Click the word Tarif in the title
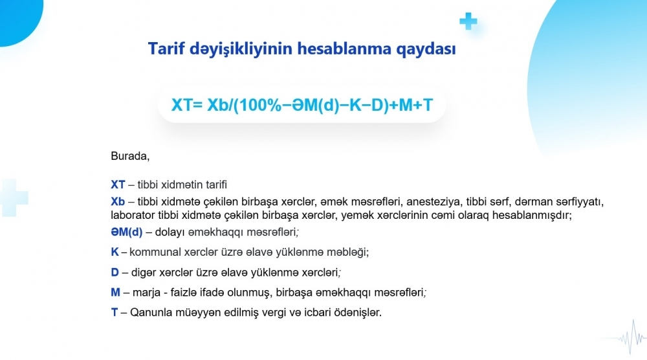pyautogui.click(x=166, y=49)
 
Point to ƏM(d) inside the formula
pyautogui.click(x=315, y=105)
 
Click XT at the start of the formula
pyautogui.click(x=182, y=105)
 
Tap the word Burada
pyautogui.click(x=130, y=156)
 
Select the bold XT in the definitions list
pyautogui.click(x=118, y=185)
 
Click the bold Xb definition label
pyautogui.click(x=118, y=201)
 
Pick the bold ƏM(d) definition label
pyautogui.click(x=127, y=232)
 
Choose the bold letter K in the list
pyautogui.click(x=115, y=252)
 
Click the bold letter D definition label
pyautogui.click(x=115, y=273)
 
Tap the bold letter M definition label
pyautogui.click(x=116, y=292)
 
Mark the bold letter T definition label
pyautogui.click(x=115, y=312)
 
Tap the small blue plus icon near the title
pyautogui.click(x=468, y=21)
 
